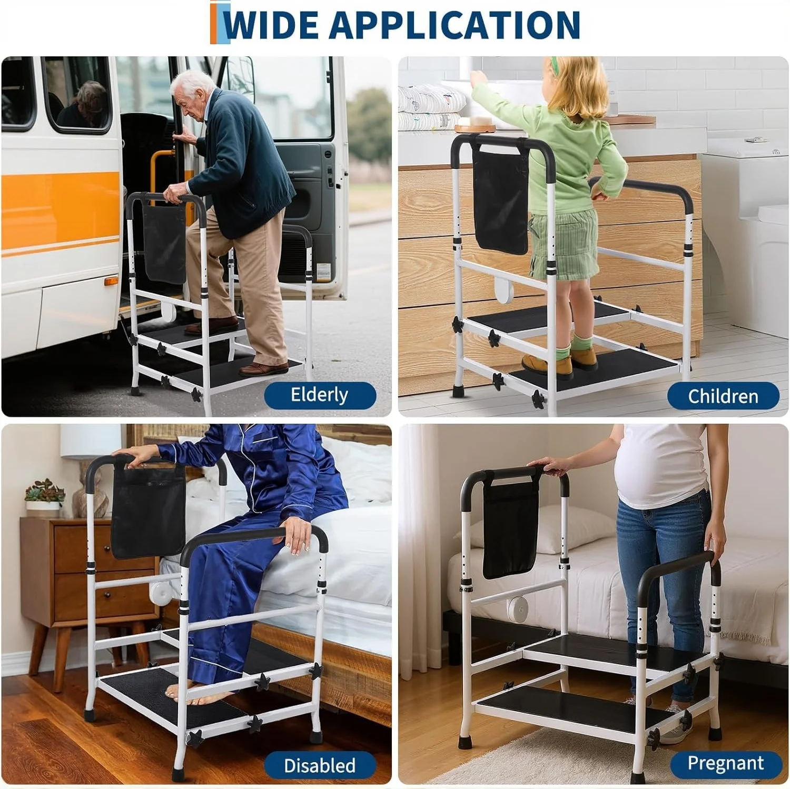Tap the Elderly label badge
tap(320, 395)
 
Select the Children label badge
tap(723, 396)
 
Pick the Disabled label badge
tap(320, 765)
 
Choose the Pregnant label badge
tap(725, 763)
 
